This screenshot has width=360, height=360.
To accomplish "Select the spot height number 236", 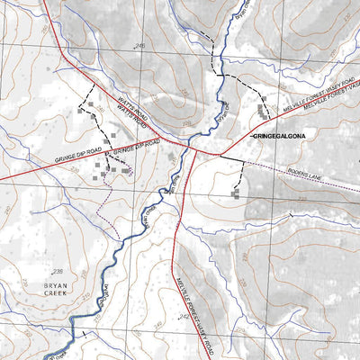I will (x=58, y=272).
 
